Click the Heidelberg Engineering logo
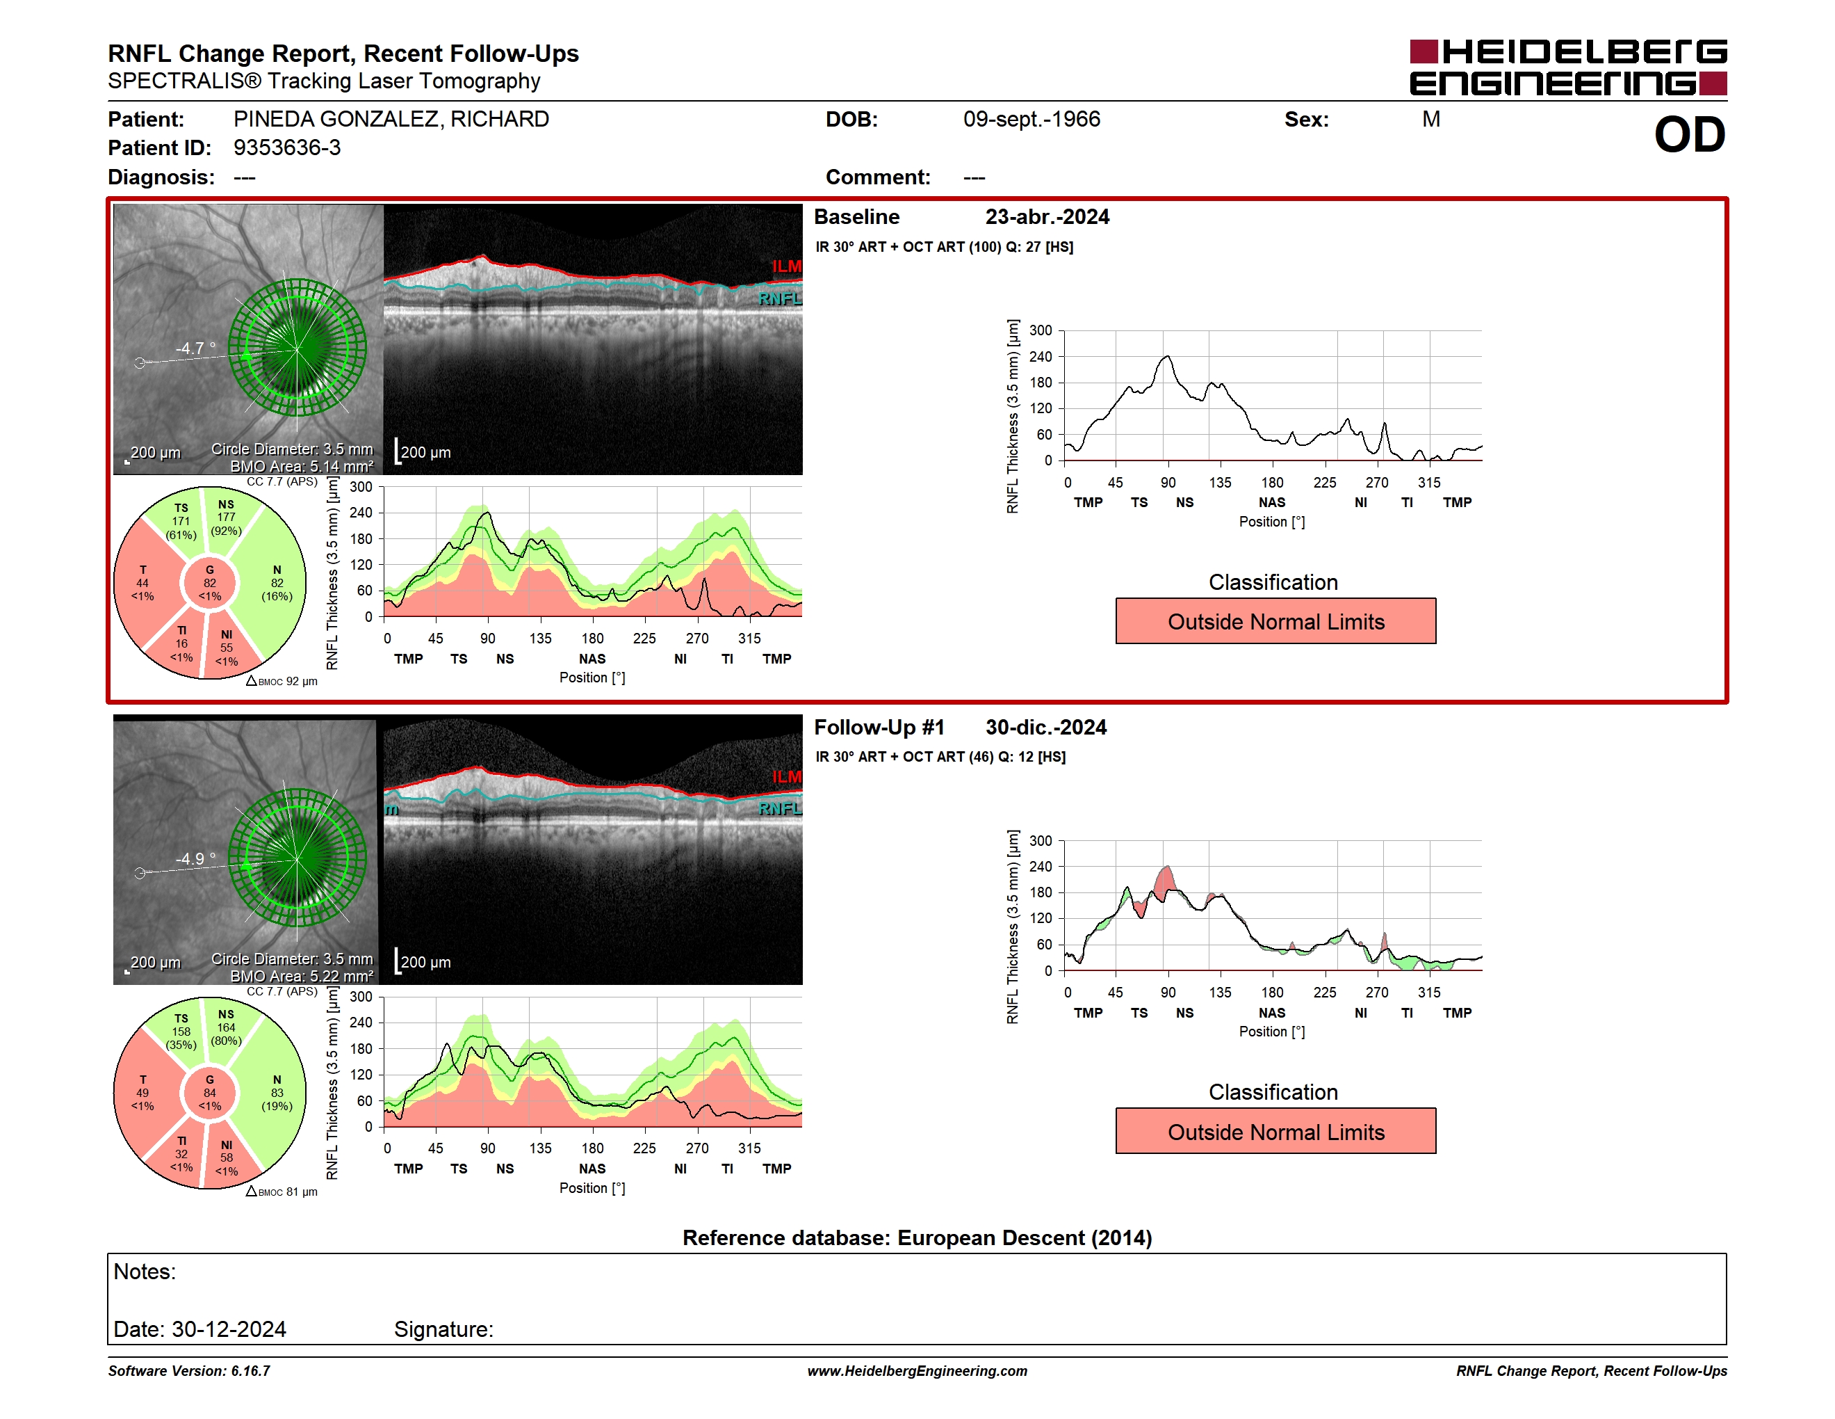pyautogui.click(x=1568, y=67)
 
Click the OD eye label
pyautogui.click(x=1690, y=136)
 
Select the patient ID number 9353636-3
pyautogui.click(x=287, y=148)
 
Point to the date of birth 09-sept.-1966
pyautogui.click(x=1031, y=120)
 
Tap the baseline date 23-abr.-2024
pyautogui.click(x=1047, y=217)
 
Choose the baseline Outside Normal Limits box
pyautogui.click(x=1275, y=621)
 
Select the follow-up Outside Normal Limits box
pyautogui.click(x=1275, y=1132)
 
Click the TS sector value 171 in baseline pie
pyautogui.click(x=181, y=521)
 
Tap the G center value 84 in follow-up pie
pyautogui.click(x=210, y=1093)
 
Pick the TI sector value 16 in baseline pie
pyautogui.click(x=181, y=644)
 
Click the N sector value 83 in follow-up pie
pyautogui.click(x=277, y=1093)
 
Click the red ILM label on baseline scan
pyautogui.click(x=788, y=266)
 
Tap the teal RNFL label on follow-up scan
pyautogui.click(x=781, y=809)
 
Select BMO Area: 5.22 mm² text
pyautogui.click(x=302, y=976)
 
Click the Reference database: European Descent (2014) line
pyautogui.click(x=917, y=1238)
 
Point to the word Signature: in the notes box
pyautogui.click(x=443, y=1329)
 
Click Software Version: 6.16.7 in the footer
pyautogui.click(x=189, y=1371)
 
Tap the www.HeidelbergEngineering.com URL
pyautogui.click(x=917, y=1371)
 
